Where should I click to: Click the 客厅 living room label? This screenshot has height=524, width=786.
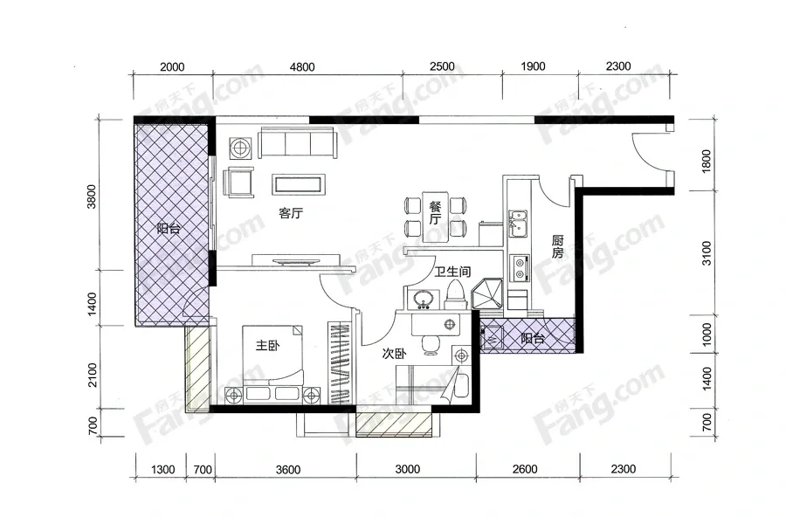tap(291, 213)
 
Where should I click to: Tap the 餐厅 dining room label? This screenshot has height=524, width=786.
tap(435, 212)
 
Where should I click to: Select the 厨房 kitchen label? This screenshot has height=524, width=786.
tap(557, 246)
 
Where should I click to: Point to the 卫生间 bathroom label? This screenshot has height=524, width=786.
tap(452, 272)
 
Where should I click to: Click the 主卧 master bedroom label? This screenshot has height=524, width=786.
tap(268, 346)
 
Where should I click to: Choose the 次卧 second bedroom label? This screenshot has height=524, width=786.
tap(394, 354)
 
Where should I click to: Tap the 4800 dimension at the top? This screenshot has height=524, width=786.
tap(302, 66)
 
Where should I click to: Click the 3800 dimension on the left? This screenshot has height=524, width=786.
tap(91, 196)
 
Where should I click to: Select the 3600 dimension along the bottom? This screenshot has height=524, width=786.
tap(288, 470)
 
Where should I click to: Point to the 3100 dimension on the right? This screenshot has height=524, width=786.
tap(707, 252)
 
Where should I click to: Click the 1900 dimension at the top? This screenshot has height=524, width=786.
tap(533, 66)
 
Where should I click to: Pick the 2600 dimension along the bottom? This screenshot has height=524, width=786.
tap(525, 469)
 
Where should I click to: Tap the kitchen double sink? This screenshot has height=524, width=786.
tap(517, 224)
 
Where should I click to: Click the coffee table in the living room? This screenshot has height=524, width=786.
tap(299, 184)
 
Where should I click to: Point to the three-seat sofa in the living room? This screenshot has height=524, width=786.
tap(298, 143)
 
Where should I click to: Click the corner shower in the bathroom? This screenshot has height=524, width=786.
tap(488, 295)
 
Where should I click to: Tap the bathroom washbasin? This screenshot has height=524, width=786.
tap(424, 300)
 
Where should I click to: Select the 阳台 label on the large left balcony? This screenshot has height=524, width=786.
tap(169, 229)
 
